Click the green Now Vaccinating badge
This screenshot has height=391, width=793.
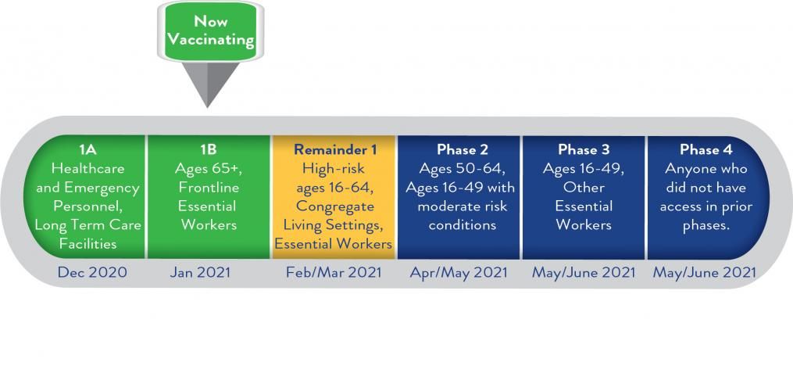point(210,31)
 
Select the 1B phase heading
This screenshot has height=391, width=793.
point(209,150)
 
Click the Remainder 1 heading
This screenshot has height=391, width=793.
point(335,150)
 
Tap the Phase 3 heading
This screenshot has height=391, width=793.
point(583,150)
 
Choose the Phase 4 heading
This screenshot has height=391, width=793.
point(706,150)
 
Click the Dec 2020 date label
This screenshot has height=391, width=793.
point(92,272)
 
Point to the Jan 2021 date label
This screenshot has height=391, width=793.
point(200,272)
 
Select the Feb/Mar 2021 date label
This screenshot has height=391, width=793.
point(334,272)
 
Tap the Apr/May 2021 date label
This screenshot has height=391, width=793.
point(458,272)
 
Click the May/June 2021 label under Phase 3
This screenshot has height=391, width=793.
point(583,272)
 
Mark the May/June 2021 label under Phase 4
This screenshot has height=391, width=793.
point(705,272)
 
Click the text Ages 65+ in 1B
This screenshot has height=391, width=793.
point(209,169)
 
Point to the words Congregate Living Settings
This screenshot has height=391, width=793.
point(334,216)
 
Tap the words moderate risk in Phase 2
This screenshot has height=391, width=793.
point(463,206)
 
